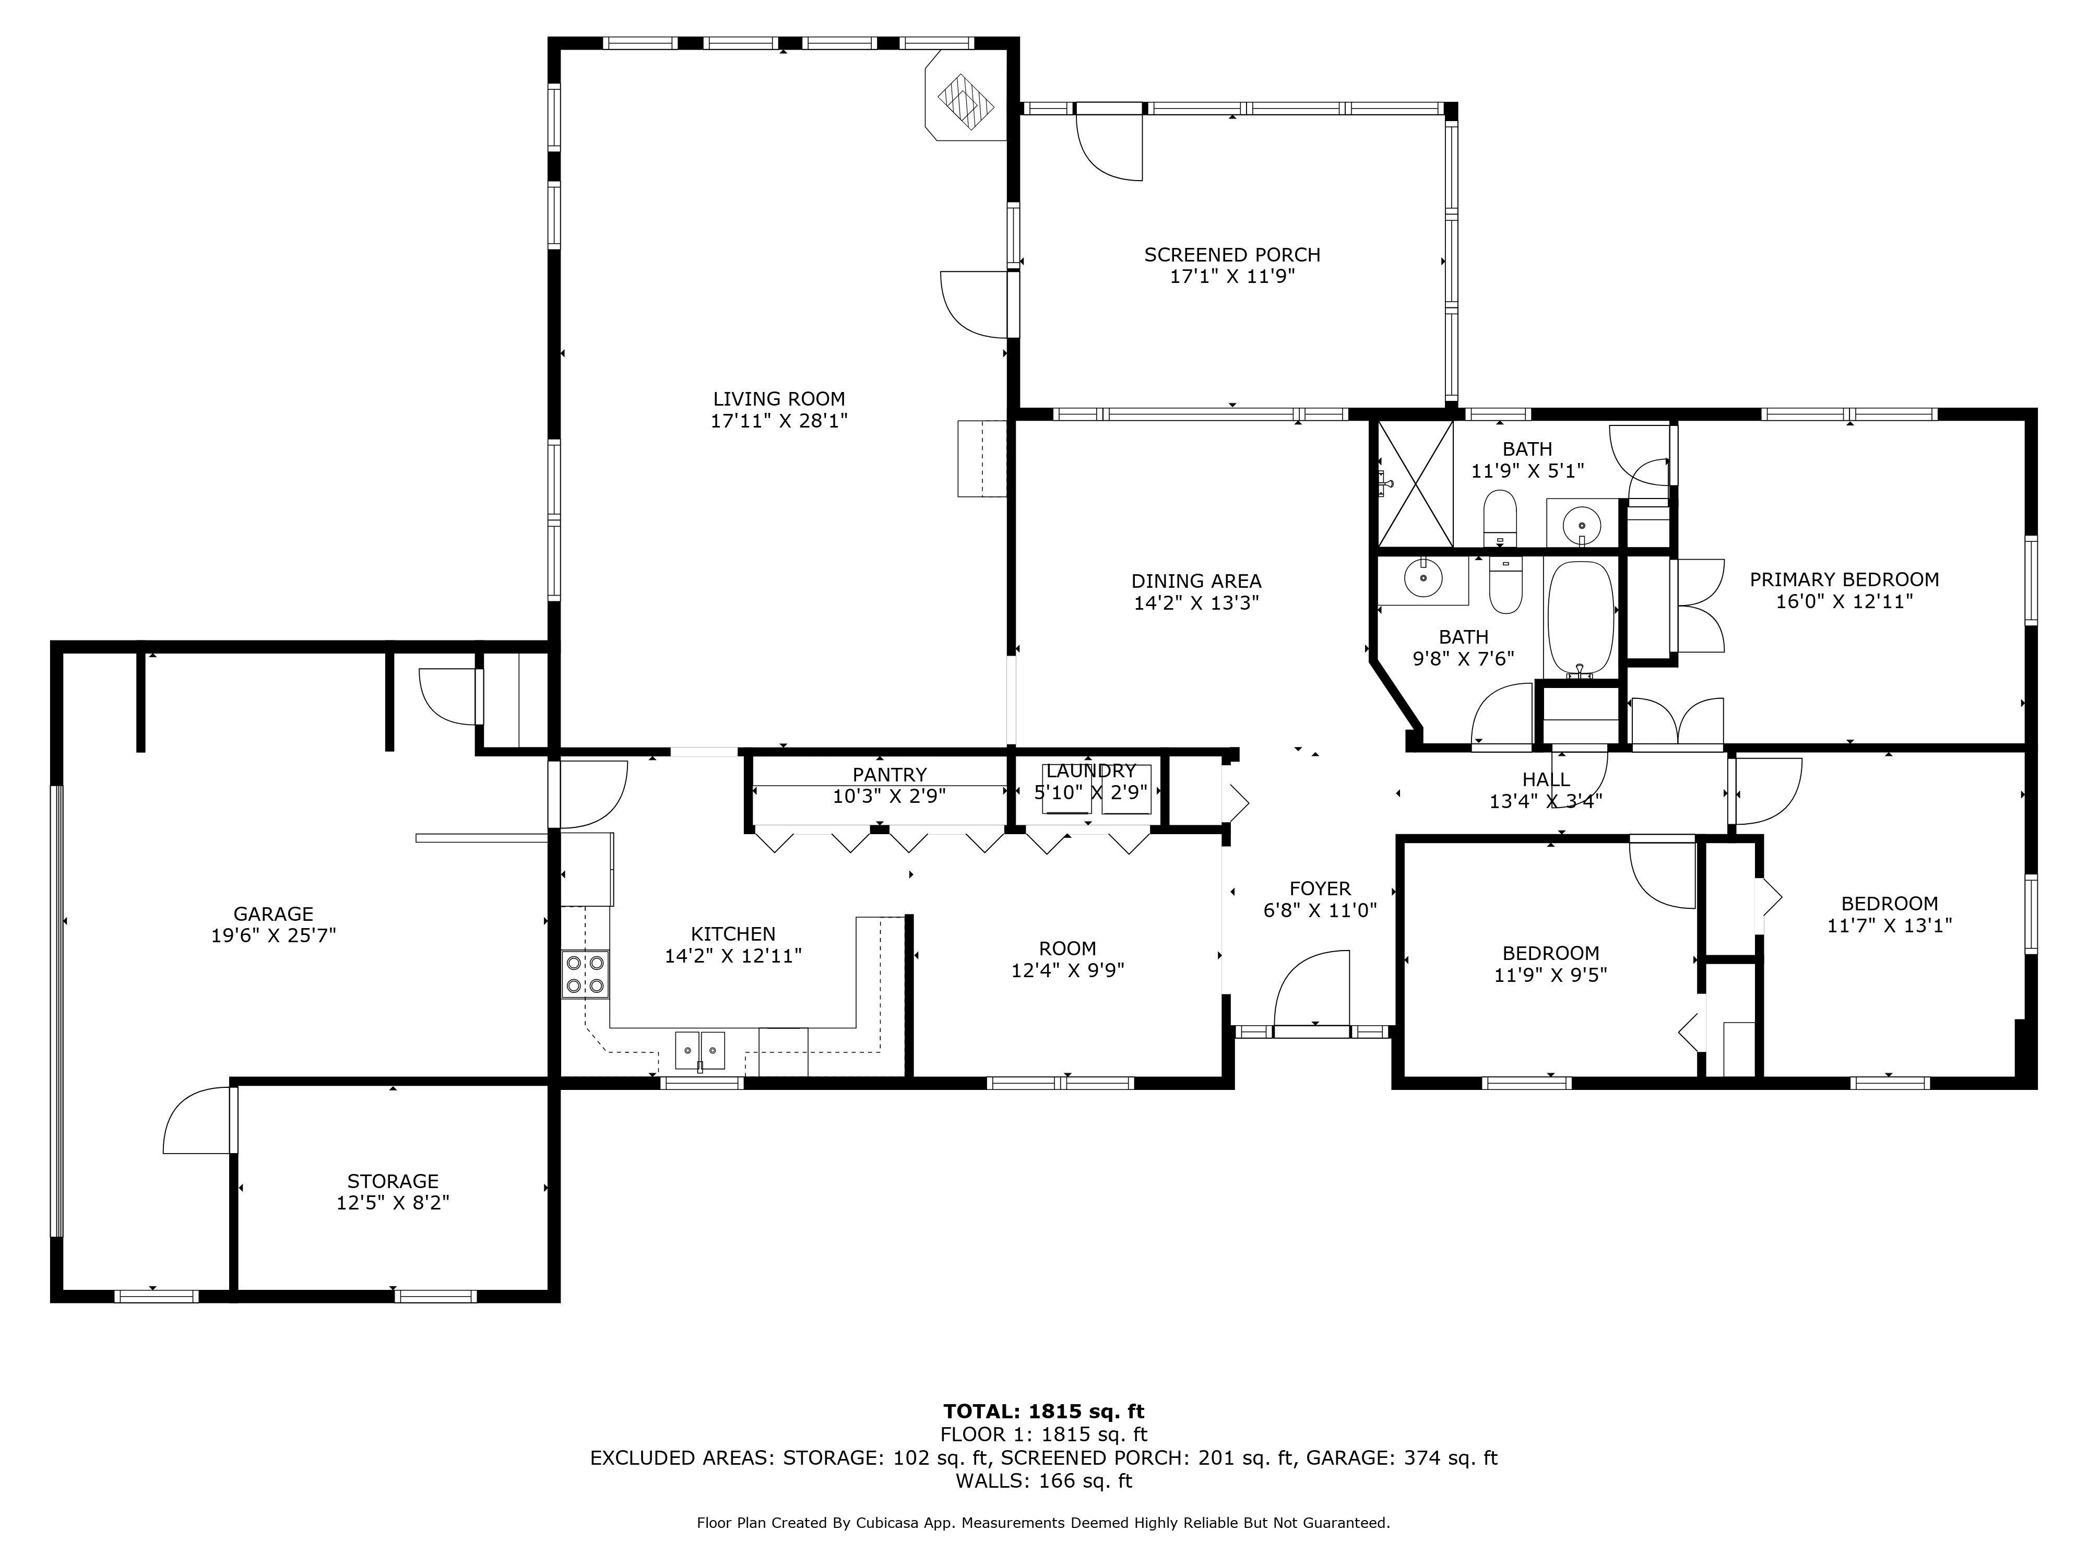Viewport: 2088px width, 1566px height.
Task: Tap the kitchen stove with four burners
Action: [585, 974]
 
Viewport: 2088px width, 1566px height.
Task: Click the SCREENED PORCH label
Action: [1232, 255]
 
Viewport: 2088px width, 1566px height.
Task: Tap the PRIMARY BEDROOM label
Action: [1844, 579]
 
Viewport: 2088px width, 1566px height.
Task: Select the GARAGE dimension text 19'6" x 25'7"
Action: [274, 935]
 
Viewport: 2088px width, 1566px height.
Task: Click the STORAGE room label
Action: [393, 1181]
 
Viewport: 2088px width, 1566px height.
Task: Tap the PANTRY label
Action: [889, 775]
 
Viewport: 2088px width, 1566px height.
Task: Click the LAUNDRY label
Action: [1090, 771]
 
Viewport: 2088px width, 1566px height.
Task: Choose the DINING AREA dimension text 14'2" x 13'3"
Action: [1197, 603]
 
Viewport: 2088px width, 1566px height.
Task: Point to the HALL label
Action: [1546, 780]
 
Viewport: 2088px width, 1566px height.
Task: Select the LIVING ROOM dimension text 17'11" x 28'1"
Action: [780, 421]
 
